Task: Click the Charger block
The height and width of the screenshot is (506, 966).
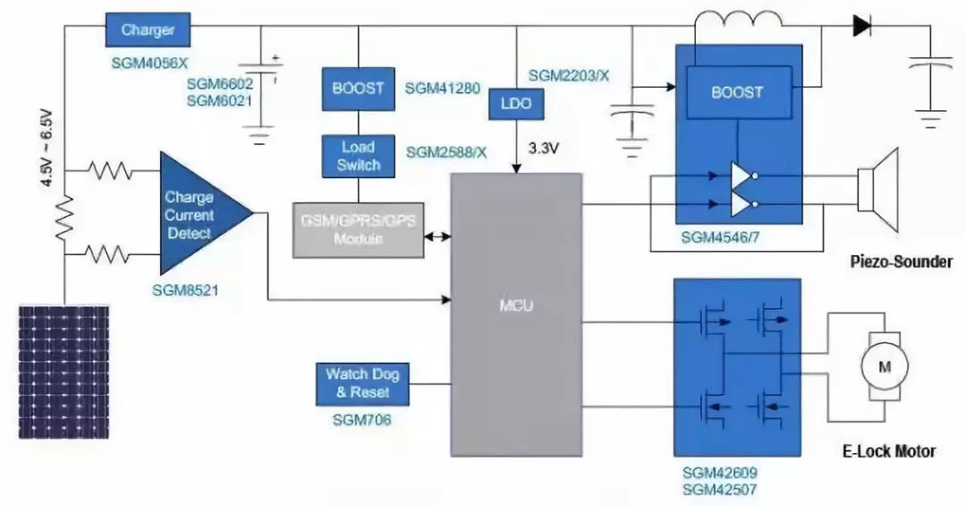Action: [148, 30]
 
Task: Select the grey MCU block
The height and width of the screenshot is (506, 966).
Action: [516, 304]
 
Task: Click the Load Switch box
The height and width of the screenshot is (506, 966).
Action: [359, 155]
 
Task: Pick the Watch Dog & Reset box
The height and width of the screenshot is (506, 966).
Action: [357, 383]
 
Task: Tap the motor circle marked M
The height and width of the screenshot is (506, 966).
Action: [884, 365]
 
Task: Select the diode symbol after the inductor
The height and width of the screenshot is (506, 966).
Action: [862, 26]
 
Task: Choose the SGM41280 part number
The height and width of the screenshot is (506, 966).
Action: [443, 89]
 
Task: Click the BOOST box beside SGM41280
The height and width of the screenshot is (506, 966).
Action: [358, 89]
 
